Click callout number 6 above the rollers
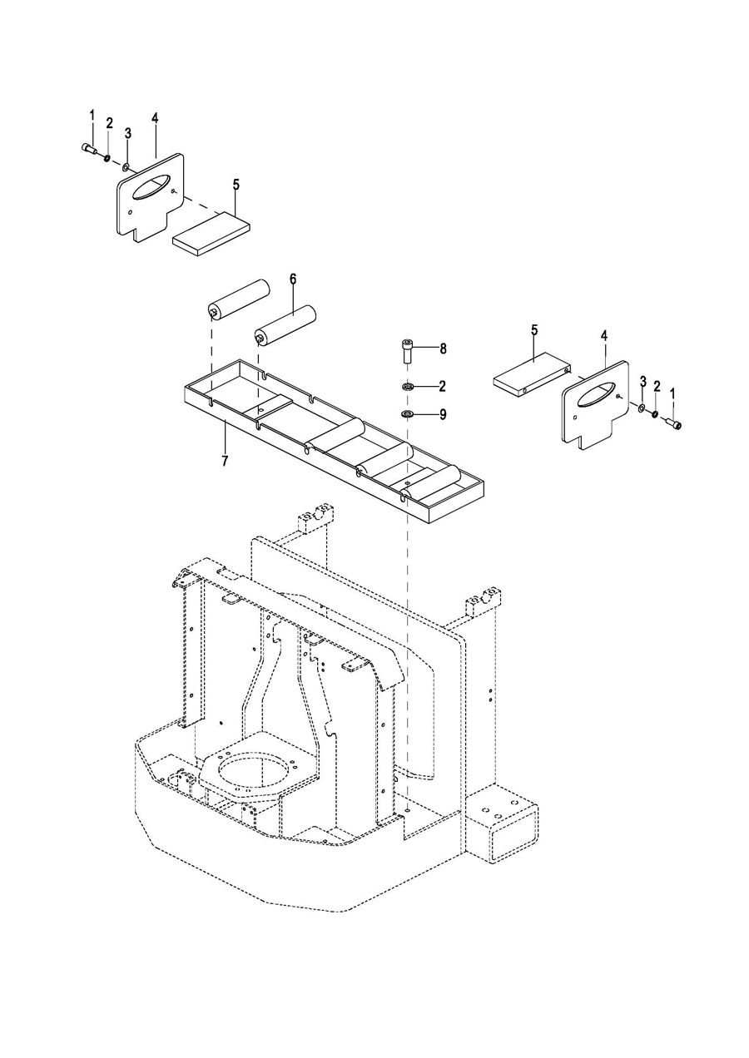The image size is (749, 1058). click(x=292, y=279)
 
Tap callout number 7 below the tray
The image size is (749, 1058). click(x=225, y=461)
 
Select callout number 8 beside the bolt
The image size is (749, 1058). click(x=443, y=349)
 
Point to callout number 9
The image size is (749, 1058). click(x=443, y=414)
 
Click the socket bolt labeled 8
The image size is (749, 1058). click(x=407, y=351)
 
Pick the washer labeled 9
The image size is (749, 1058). click(x=406, y=414)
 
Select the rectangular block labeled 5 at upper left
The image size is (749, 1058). click(x=211, y=234)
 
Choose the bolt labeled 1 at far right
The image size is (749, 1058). click(x=674, y=423)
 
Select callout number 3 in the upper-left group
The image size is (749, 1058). click(x=127, y=134)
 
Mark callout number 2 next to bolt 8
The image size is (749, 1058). click(x=442, y=387)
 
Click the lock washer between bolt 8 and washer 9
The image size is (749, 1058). click(x=406, y=388)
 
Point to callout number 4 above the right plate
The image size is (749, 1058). click(x=604, y=336)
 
